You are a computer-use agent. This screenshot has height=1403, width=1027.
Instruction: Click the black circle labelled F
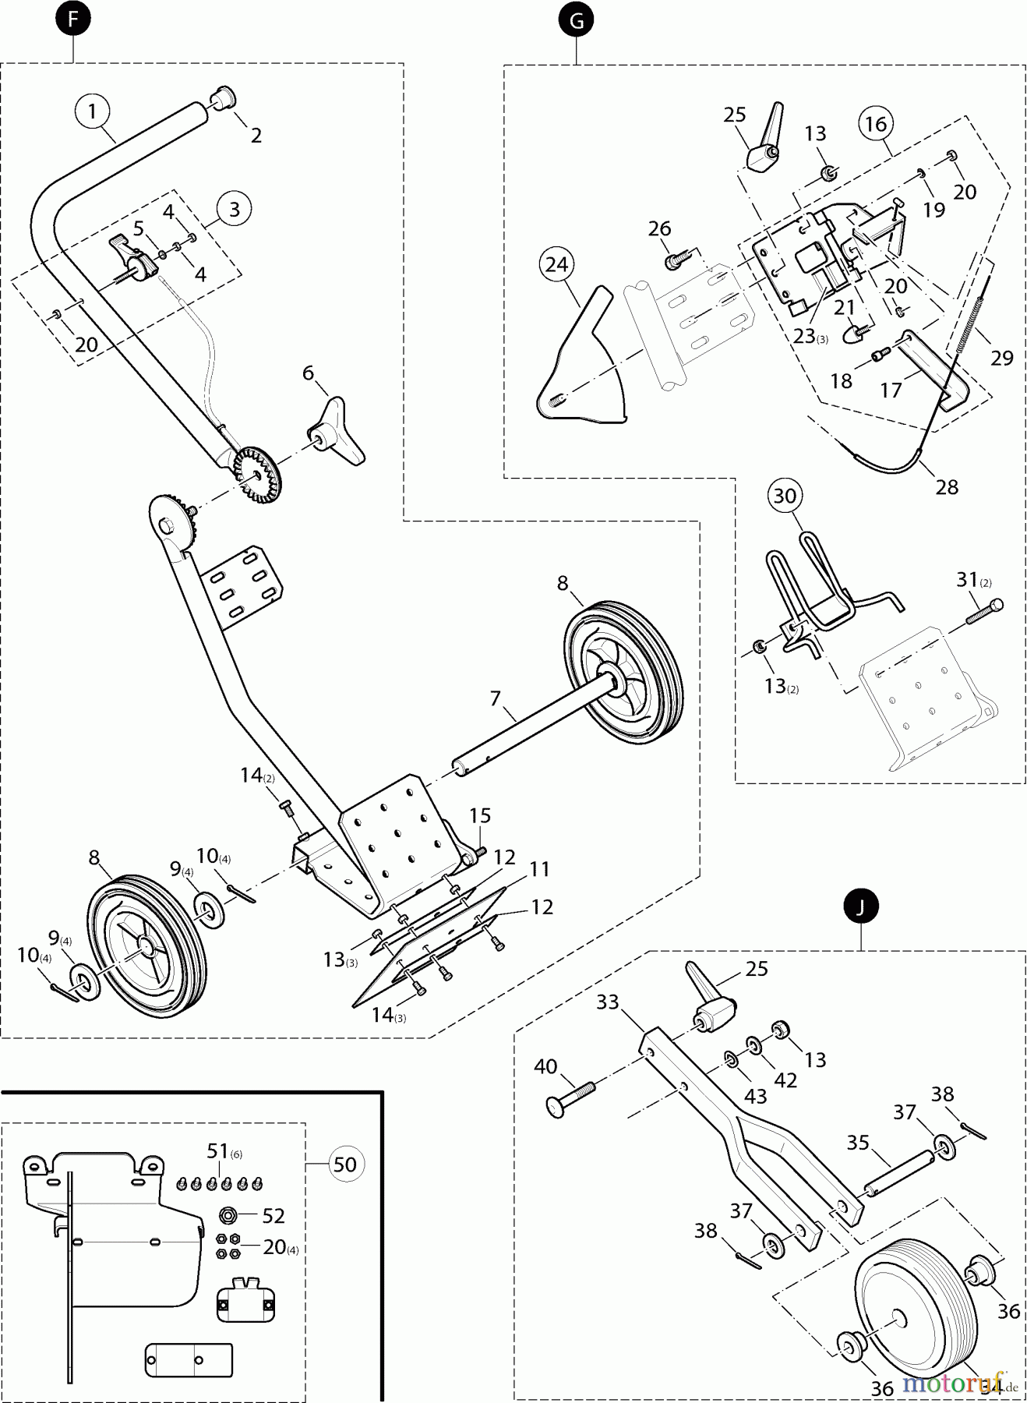pyautogui.click(x=73, y=20)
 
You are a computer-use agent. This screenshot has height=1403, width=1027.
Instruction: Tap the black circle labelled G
pyautogui.click(x=576, y=21)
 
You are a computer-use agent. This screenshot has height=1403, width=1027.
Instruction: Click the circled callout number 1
pyautogui.click(x=93, y=111)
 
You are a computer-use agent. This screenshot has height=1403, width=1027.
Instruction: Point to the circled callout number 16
pyautogui.click(x=876, y=123)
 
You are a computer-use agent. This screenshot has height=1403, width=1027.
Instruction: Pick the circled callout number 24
pyautogui.click(x=556, y=265)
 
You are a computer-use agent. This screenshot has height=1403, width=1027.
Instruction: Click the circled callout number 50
pyautogui.click(x=344, y=1164)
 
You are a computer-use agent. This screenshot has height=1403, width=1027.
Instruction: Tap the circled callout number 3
pyautogui.click(x=234, y=208)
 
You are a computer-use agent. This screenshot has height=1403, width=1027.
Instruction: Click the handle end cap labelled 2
pyautogui.click(x=222, y=101)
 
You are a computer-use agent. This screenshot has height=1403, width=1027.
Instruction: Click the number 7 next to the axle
pyautogui.click(x=496, y=698)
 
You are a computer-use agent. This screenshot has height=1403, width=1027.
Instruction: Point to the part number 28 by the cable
pyautogui.click(x=947, y=487)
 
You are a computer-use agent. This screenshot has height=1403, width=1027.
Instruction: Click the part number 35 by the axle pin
pyautogui.click(x=858, y=1143)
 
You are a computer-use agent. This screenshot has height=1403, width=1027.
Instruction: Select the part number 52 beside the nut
pyautogui.click(x=274, y=1216)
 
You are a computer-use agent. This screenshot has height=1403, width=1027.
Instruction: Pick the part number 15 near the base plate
pyautogui.click(x=480, y=815)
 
